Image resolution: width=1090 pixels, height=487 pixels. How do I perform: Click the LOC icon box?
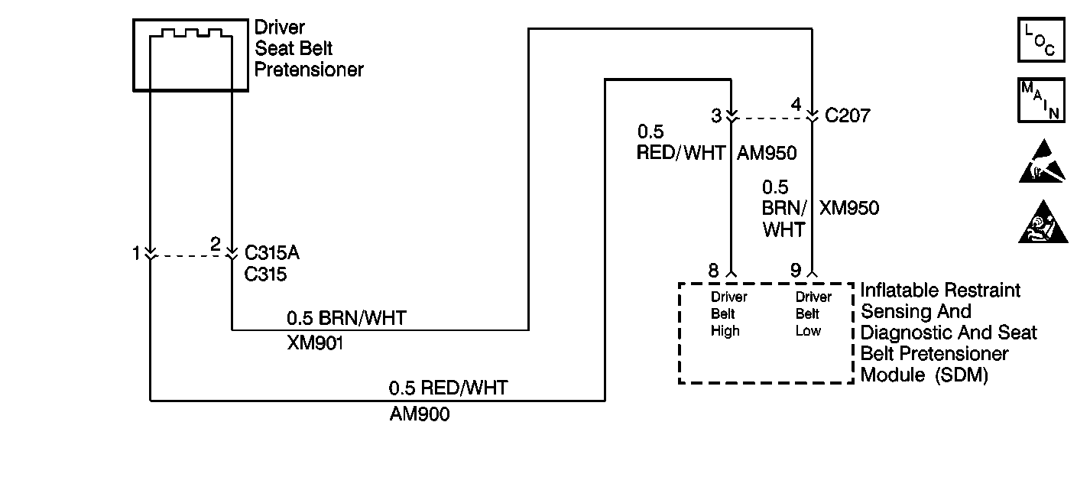point(1040,41)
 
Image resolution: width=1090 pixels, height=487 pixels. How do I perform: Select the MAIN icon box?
point(1040,99)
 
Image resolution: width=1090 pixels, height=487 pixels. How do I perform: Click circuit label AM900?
point(419,414)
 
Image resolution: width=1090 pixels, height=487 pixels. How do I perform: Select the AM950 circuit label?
point(767,154)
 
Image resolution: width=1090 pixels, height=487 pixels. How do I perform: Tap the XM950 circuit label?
point(849,208)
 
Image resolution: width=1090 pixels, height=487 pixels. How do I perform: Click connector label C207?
point(848,116)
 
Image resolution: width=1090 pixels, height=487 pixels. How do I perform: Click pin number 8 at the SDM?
point(713,270)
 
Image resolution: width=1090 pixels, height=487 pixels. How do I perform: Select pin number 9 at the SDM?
point(796,270)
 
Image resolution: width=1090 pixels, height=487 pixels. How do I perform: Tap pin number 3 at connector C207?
point(716,116)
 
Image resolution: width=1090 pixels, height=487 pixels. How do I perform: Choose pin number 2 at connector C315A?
point(216,245)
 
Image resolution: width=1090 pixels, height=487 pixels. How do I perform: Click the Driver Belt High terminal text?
point(728,314)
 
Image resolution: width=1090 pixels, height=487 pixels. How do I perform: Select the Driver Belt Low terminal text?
point(812,314)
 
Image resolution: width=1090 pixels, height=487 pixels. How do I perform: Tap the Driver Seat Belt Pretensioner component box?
point(190,55)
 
